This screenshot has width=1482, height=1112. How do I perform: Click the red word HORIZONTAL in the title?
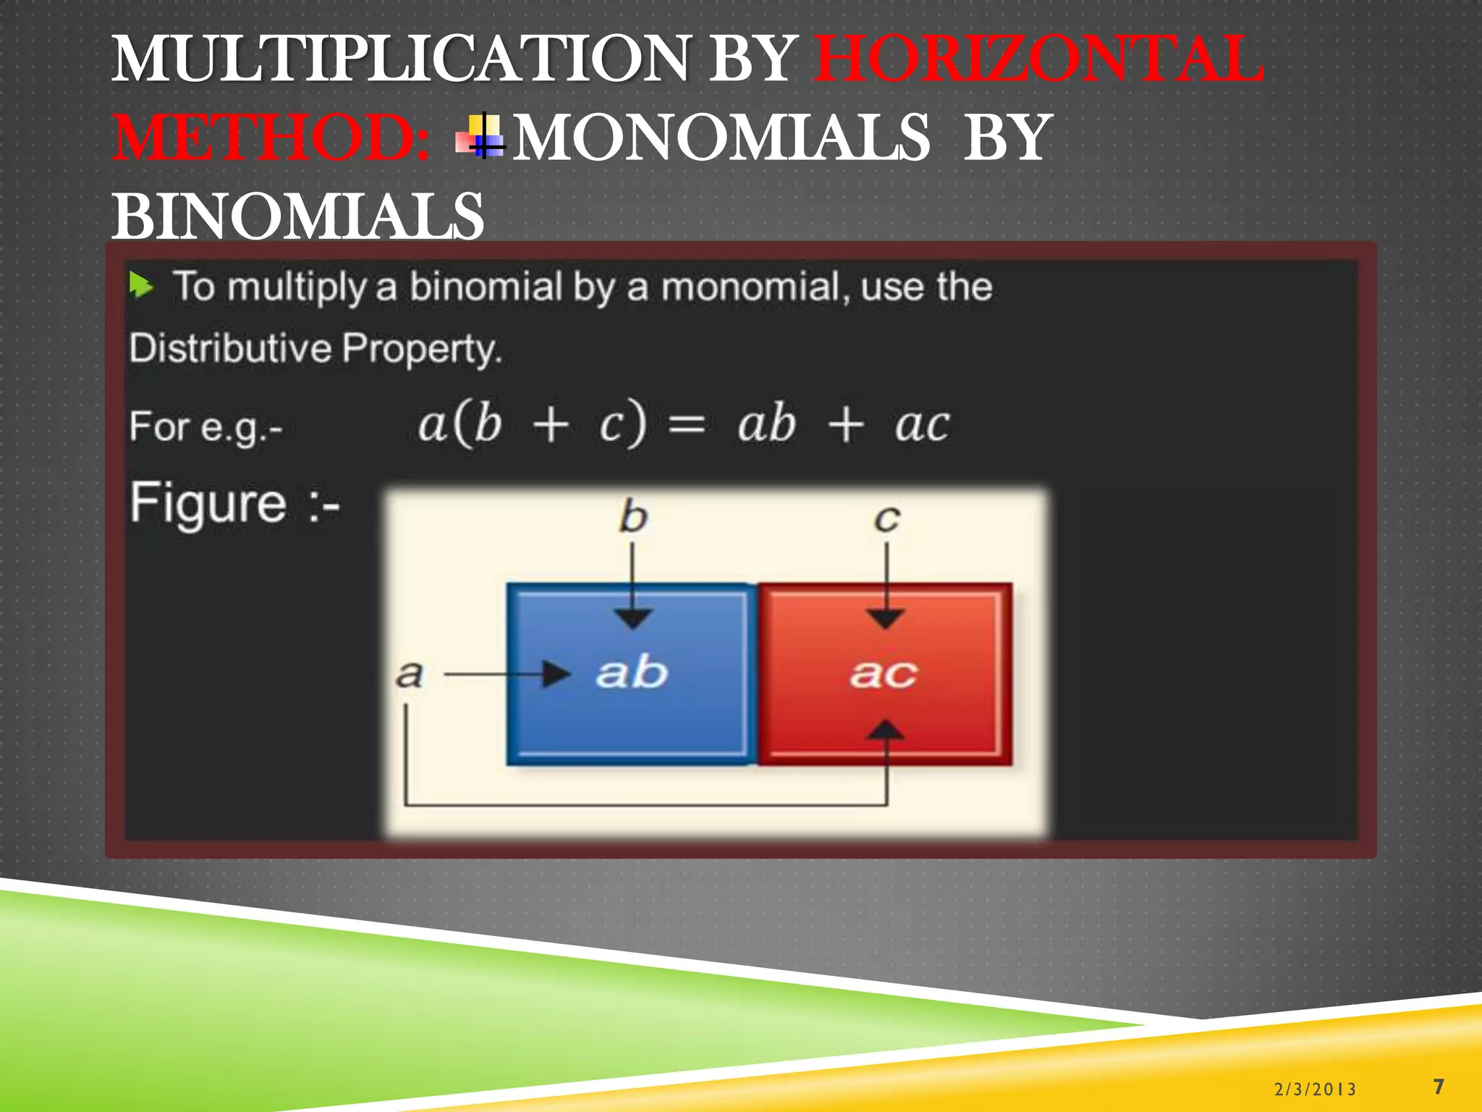(1038, 59)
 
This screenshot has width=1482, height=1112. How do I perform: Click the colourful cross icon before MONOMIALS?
(482, 137)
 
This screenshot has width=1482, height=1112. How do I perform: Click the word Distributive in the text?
(229, 348)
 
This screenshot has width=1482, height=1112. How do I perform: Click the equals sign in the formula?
(686, 424)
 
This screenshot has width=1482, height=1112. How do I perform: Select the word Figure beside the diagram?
(208, 503)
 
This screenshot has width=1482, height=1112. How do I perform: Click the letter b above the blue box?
(632, 517)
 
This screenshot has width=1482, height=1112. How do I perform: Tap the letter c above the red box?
(886, 518)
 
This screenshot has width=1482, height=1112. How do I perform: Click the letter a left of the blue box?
(409, 674)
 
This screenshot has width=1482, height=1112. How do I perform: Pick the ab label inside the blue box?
(631, 673)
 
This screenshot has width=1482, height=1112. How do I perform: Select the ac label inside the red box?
(884, 674)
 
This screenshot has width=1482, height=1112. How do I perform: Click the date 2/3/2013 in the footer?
(1315, 1089)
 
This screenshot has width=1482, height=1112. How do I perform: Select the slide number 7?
(1439, 1086)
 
